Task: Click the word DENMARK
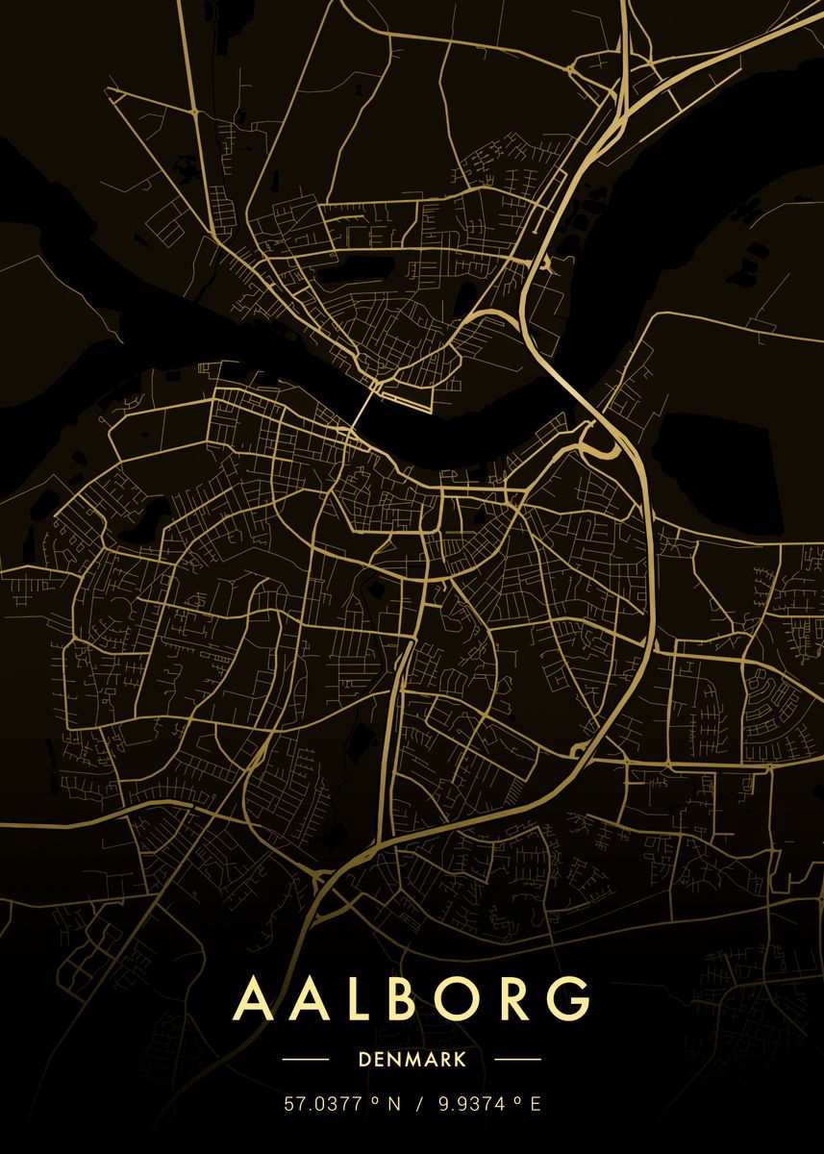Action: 412,1060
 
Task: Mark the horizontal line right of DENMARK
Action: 517,1060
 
